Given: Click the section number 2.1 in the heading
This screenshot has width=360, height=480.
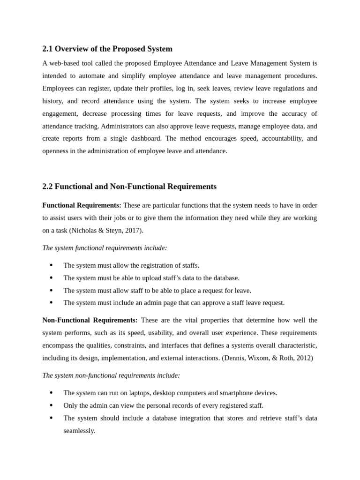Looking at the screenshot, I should [x=48, y=49].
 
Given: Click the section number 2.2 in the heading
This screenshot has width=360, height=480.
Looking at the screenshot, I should [x=48, y=187].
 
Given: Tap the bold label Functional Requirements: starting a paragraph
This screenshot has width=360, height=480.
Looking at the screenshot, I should [x=82, y=205].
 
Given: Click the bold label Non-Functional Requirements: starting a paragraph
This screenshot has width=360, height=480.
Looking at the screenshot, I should [x=90, y=320].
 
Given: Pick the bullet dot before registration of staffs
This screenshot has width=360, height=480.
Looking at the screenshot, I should [x=51, y=265].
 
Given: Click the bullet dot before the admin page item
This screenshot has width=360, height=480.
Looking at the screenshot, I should [x=51, y=303].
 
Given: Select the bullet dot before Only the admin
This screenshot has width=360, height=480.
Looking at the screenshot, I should [x=51, y=405].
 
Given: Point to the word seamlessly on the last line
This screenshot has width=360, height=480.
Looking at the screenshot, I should [x=79, y=430].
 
